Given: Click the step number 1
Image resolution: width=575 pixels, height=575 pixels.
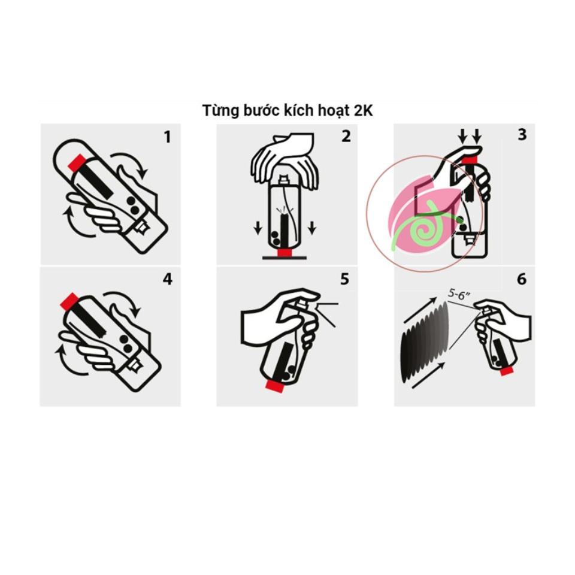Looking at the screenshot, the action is click(167, 137).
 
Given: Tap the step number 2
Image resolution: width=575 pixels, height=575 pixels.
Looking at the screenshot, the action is click(346, 136).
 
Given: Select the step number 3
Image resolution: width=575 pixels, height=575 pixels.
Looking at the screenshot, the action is click(522, 135).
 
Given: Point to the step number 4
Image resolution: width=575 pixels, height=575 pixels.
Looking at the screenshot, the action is click(167, 280).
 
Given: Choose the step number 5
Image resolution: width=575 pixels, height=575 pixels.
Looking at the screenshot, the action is click(344, 279).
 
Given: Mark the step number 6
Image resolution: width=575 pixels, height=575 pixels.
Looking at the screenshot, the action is click(522, 279).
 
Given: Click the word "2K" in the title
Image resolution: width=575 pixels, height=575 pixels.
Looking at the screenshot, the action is click(363, 111).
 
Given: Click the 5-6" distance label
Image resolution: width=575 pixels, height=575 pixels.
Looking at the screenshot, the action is click(459, 294).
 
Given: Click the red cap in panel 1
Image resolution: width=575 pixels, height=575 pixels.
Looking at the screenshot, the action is click(77, 162).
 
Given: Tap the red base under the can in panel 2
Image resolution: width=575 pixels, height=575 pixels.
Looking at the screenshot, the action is click(284, 253).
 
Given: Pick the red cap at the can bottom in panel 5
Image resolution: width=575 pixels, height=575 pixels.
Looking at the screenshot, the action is click(276, 386).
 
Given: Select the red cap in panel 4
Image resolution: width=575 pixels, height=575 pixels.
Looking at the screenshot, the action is click(68, 301).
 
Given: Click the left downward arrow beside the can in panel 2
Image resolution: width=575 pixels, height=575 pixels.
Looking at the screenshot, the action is click(258, 228).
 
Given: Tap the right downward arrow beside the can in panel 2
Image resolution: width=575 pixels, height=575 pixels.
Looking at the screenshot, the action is click(312, 228).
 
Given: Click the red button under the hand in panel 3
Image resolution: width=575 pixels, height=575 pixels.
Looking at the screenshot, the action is click(469, 159).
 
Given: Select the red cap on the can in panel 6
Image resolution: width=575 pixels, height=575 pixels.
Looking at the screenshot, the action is click(506, 371).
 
